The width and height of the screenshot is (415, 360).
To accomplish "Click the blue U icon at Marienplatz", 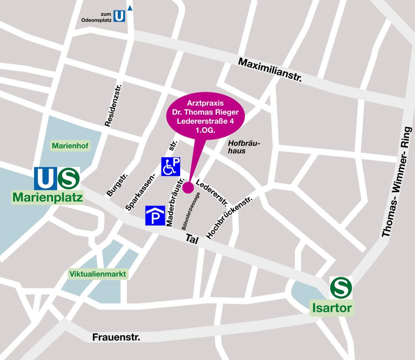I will (46, 179).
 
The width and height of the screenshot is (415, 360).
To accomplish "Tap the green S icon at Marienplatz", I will (68, 179).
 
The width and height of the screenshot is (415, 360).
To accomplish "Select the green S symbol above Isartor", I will (341, 288).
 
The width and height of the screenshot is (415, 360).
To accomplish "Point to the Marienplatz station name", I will (47, 198).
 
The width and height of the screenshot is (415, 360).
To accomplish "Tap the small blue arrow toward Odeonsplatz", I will (130, 8).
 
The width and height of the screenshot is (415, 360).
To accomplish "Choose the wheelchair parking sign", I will (171, 166).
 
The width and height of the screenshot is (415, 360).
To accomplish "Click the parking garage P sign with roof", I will (155, 216).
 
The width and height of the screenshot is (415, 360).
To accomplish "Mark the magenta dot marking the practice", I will (188, 187).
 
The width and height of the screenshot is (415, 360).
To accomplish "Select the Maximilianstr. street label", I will (270, 70).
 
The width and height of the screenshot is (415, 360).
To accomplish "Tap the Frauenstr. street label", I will (116, 337).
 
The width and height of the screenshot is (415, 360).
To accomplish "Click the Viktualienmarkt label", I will (98, 274).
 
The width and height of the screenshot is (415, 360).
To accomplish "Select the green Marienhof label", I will (70, 145).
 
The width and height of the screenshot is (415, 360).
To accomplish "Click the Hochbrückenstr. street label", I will (229, 217).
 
